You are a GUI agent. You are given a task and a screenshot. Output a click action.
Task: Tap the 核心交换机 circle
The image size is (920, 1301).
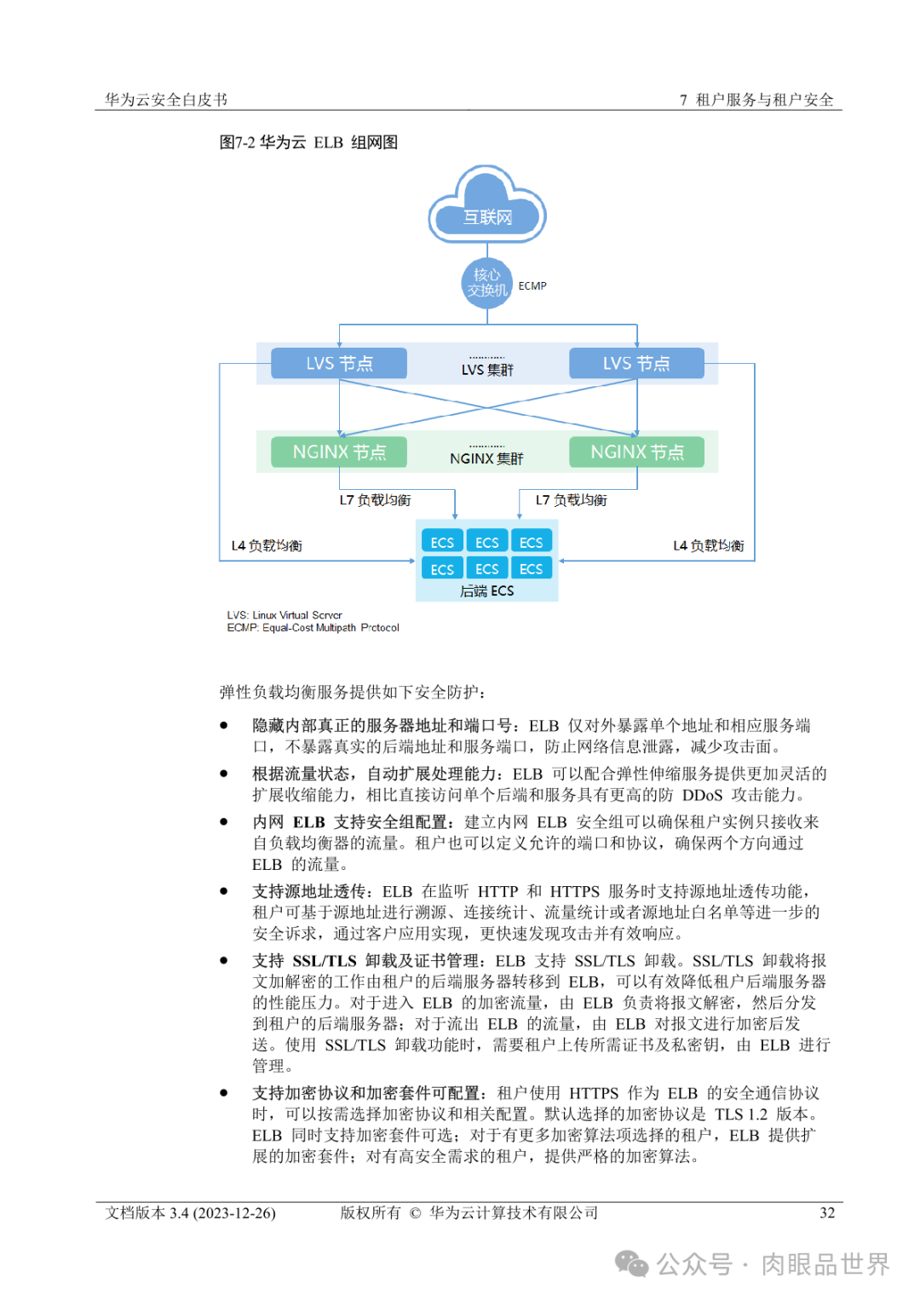pos(486,283)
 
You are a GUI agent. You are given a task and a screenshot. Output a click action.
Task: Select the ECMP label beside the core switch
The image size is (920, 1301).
pos(532,286)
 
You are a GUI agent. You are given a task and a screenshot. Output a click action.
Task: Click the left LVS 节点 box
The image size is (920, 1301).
pos(339,363)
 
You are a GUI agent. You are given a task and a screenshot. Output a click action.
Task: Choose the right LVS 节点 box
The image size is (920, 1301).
pos(636,363)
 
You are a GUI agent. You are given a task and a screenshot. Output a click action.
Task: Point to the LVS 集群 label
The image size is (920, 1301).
pos(487,370)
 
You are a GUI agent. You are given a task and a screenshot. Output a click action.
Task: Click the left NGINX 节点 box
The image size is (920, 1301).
pos(339,452)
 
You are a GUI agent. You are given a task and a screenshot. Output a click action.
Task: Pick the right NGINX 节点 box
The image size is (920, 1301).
pos(636,452)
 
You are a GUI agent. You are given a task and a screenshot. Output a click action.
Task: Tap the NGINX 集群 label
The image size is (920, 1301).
pos(486,458)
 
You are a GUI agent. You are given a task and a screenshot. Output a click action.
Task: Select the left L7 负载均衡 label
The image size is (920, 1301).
pos(375,500)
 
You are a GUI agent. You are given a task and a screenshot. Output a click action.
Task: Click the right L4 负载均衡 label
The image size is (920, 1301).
pos(708,545)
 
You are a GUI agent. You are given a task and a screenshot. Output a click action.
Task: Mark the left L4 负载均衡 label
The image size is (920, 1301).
pos(267,545)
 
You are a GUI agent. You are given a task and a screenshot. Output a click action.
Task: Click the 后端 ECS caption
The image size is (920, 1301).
pos(486,590)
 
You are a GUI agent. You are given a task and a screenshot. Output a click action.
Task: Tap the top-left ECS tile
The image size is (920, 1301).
pos(442,542)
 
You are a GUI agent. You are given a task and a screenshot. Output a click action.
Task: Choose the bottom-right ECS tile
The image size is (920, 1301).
pos(531,568)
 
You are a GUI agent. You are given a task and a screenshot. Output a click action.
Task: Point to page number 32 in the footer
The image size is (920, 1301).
pos(826,1212)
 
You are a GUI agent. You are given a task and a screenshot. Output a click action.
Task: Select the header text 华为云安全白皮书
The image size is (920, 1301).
pos(166,100)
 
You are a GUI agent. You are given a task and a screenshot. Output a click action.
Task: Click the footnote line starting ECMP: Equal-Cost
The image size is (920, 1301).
pos(313,628)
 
